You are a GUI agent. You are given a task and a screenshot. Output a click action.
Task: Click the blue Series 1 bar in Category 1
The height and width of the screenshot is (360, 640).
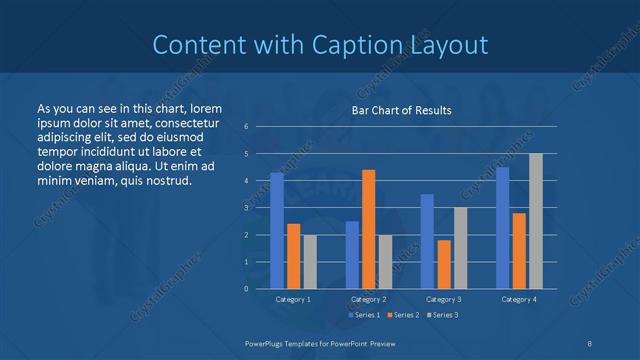point(276,230)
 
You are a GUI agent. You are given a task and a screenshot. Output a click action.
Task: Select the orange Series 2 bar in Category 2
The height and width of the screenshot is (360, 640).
point(368,229)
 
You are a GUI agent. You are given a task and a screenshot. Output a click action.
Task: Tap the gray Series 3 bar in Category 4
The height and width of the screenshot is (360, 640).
point(535,221)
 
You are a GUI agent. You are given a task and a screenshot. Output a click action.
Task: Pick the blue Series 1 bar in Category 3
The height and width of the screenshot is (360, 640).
point(427,241)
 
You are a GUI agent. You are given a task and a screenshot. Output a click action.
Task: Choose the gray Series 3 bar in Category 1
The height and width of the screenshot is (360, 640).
point(309,261)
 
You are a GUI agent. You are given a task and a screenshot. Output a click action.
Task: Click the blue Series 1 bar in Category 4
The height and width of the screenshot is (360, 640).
point(502,228)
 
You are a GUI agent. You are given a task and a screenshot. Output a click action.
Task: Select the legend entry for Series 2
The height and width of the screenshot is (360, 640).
point(403,315)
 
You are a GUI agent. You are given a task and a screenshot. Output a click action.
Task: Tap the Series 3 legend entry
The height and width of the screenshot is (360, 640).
point(442,315)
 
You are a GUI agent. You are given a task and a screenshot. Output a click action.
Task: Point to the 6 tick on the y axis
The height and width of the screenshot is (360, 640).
point(246,126)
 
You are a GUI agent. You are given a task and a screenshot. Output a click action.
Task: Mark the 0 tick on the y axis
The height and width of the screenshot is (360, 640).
point(246,288)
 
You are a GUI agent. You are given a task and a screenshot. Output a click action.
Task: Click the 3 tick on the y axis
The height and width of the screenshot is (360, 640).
point(246,207)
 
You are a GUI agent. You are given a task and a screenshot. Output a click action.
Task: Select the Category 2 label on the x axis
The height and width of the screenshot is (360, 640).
point(368,299)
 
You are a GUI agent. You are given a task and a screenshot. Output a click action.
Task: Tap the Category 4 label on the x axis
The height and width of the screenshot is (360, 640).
point(518,299)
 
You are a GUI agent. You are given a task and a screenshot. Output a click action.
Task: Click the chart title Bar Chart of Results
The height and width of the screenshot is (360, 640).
point(401,110)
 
